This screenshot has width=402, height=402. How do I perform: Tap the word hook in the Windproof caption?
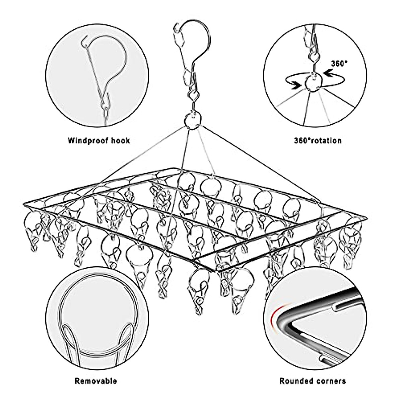(121, 140)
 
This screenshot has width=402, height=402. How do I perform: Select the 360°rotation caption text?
(318, 140)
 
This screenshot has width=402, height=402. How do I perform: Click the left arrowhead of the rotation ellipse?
(294, 86)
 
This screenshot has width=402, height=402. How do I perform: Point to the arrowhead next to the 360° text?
(327, 71)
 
